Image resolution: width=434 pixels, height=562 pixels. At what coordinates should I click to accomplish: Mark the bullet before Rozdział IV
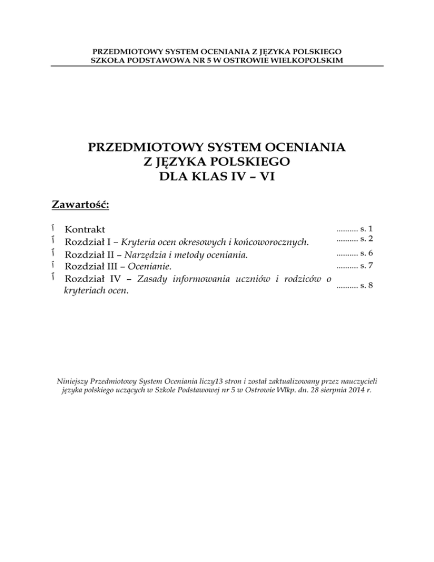tap(52, 278)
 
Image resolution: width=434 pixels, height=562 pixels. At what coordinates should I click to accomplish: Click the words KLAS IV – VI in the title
tap(217, 177)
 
